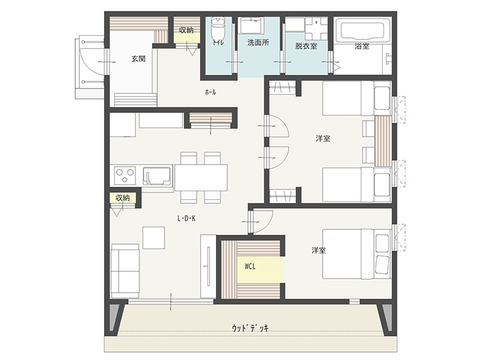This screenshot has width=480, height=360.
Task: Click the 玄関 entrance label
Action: coord(139,59)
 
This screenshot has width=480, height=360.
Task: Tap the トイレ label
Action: coord(218,43)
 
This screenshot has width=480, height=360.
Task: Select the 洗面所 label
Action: coord(258,42)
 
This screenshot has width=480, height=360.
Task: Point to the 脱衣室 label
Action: coord(306,46)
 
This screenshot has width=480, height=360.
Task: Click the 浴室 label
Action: coord(362,46)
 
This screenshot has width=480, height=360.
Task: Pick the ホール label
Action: coord(210,92)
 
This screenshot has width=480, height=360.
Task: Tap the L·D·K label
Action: coord(187,218)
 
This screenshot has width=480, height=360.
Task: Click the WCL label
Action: coord(250,267)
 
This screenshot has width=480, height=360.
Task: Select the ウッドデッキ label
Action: coord(250,328)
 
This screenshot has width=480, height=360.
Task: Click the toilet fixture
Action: coord(218,27)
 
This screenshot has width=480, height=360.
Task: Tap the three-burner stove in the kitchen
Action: coord(125,175)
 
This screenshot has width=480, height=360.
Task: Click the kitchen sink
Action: coord(157,176)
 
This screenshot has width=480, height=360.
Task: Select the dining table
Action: coord(201,177)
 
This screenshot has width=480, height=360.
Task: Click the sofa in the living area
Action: coord(125,271)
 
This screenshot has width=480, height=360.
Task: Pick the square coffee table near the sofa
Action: coord(154,237)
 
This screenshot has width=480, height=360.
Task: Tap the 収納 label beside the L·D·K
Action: coord(123,198)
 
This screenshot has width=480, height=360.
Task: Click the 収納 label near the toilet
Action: coord(186,30)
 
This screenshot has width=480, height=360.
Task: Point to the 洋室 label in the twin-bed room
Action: coord(323,139)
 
